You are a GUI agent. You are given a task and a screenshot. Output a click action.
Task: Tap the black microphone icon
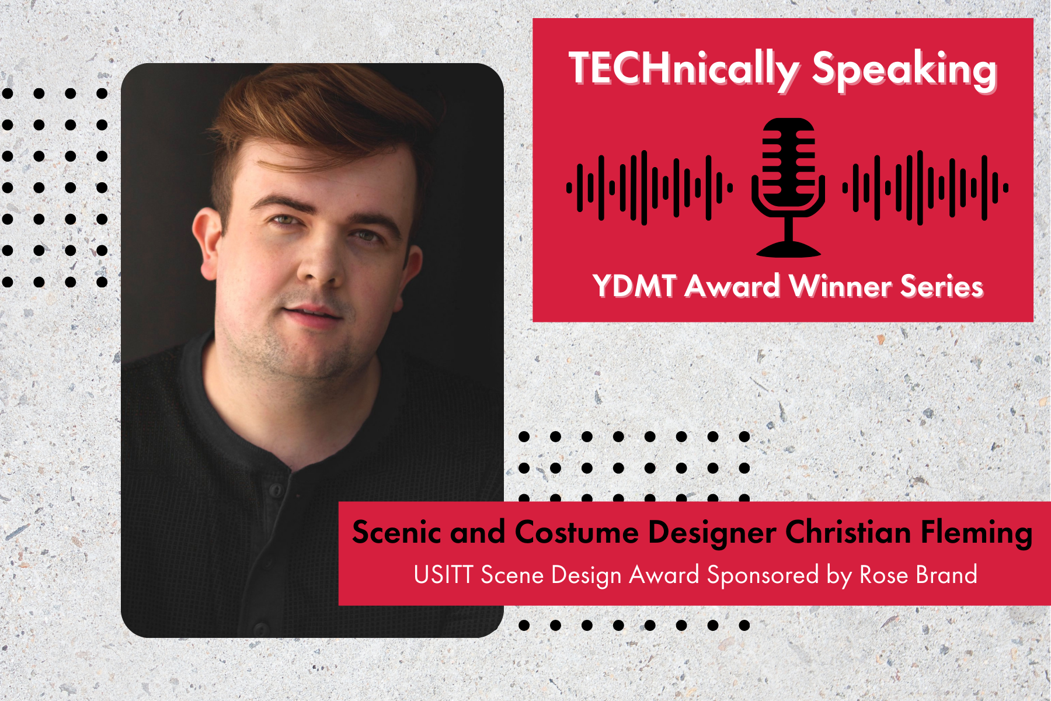(788, 187)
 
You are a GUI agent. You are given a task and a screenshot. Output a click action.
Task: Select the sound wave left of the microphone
(649, 188)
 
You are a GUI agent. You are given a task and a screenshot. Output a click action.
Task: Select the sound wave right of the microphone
(925, 188)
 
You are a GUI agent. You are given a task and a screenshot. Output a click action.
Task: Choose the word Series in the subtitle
(942, 286)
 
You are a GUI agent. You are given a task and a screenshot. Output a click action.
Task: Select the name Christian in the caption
(848, 532)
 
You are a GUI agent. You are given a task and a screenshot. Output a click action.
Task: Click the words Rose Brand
(918, 575)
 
